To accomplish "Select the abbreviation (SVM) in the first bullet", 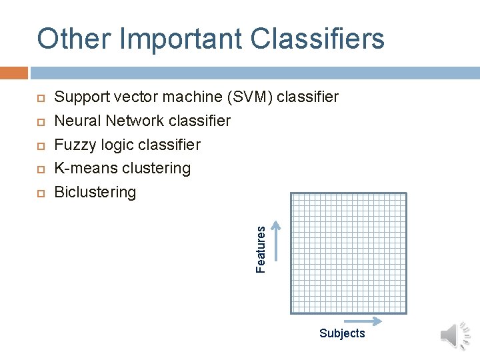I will tap(250, 97).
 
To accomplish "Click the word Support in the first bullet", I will tap(81, 97).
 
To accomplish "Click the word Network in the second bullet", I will tap(132, 121).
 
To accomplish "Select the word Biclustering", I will tap(95, 193).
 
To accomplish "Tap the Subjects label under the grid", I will tap(342, 333).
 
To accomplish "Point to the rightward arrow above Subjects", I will tap(367, 321).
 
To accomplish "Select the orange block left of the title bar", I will tap(14, 72).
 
